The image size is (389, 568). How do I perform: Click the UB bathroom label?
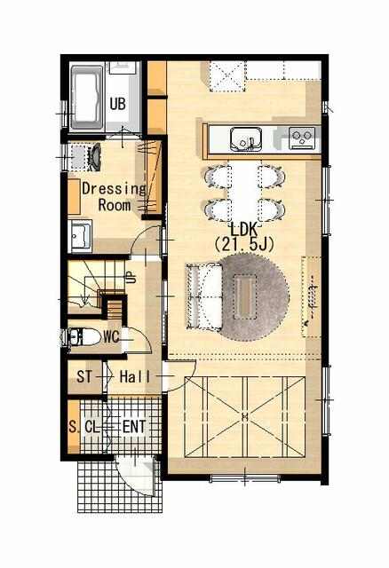pos(118,104)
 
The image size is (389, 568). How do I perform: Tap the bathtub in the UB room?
pos(87,98)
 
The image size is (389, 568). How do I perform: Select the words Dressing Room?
pos(114,197)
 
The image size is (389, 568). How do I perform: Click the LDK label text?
pos(244,229)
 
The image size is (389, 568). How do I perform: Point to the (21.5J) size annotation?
pos(243,245)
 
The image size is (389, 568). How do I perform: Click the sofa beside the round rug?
pos(203,296)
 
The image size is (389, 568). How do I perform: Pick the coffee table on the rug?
pos(245,296)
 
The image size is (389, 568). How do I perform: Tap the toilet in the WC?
pos(84,337)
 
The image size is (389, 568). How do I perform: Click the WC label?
pos(111,337)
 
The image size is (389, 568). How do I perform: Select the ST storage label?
pos(84,376)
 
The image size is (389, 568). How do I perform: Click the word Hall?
pos(135,376)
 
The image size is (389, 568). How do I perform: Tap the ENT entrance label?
pos(134,427)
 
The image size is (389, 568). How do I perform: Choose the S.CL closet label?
pos(83,427)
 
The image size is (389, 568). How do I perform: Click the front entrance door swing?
pos(137,475)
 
